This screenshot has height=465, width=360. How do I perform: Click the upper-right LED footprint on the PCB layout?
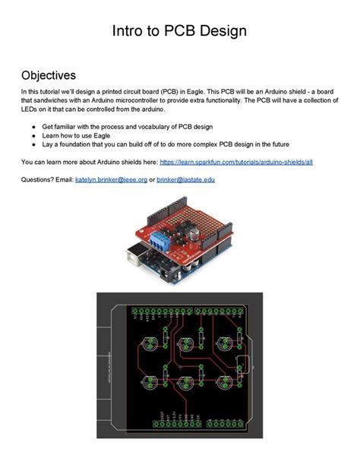226,342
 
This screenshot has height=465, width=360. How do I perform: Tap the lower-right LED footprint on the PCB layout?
226,382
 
